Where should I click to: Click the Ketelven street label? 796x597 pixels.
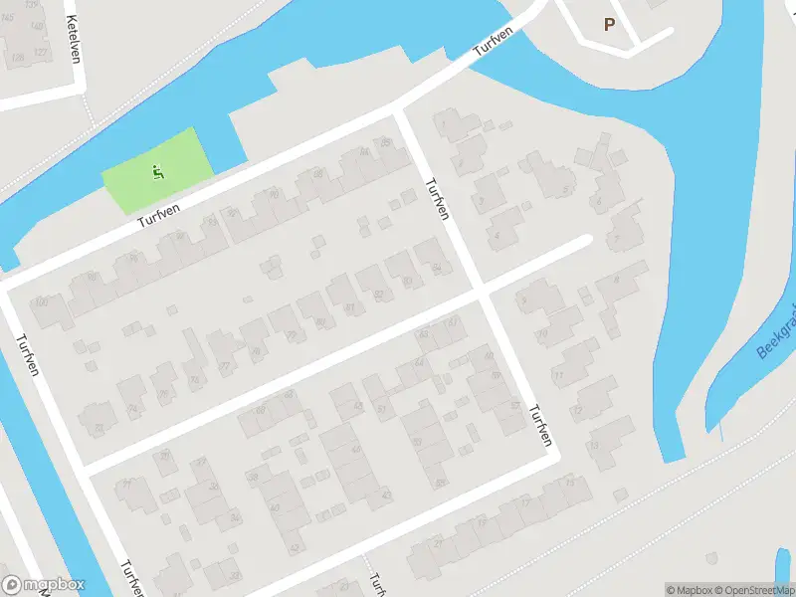click(72, 38)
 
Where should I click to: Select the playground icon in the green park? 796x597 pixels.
click(157, 173)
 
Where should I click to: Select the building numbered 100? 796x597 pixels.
click(42, 302)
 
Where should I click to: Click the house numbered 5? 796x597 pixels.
click(566, 190)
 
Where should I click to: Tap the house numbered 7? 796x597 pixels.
click(616, 239)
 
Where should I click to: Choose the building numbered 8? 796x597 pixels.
click(616, 280)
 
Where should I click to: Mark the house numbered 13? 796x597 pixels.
click(594, 445)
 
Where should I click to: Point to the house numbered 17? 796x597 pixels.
click(524, 503)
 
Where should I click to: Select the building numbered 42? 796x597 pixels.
click(293, 547)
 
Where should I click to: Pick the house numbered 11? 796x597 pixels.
click(559, 375)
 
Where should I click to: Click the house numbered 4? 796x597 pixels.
click(497, 235)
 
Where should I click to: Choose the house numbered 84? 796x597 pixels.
click(437, 268)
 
